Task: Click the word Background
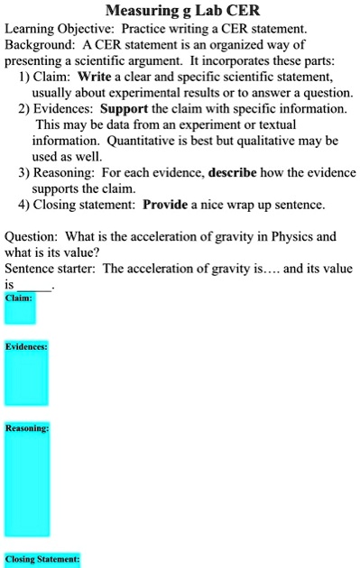tap(41, 45)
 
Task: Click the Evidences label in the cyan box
tap(26, 346)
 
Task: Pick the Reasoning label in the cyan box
tap(27, 428)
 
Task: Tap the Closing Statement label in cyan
tap(42, 559)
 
